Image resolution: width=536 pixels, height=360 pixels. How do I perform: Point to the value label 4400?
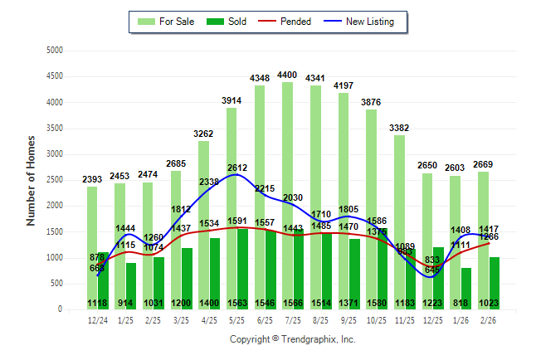coord(287,75)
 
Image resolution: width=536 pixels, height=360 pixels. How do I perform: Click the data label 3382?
coord(399,128)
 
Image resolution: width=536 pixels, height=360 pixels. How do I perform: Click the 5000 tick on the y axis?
coord(56,50)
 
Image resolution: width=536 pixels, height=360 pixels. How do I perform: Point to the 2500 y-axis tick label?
coord(56,180)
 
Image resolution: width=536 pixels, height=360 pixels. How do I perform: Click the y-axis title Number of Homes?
coord(32,180)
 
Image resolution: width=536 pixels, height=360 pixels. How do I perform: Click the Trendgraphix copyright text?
coord(292,339)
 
